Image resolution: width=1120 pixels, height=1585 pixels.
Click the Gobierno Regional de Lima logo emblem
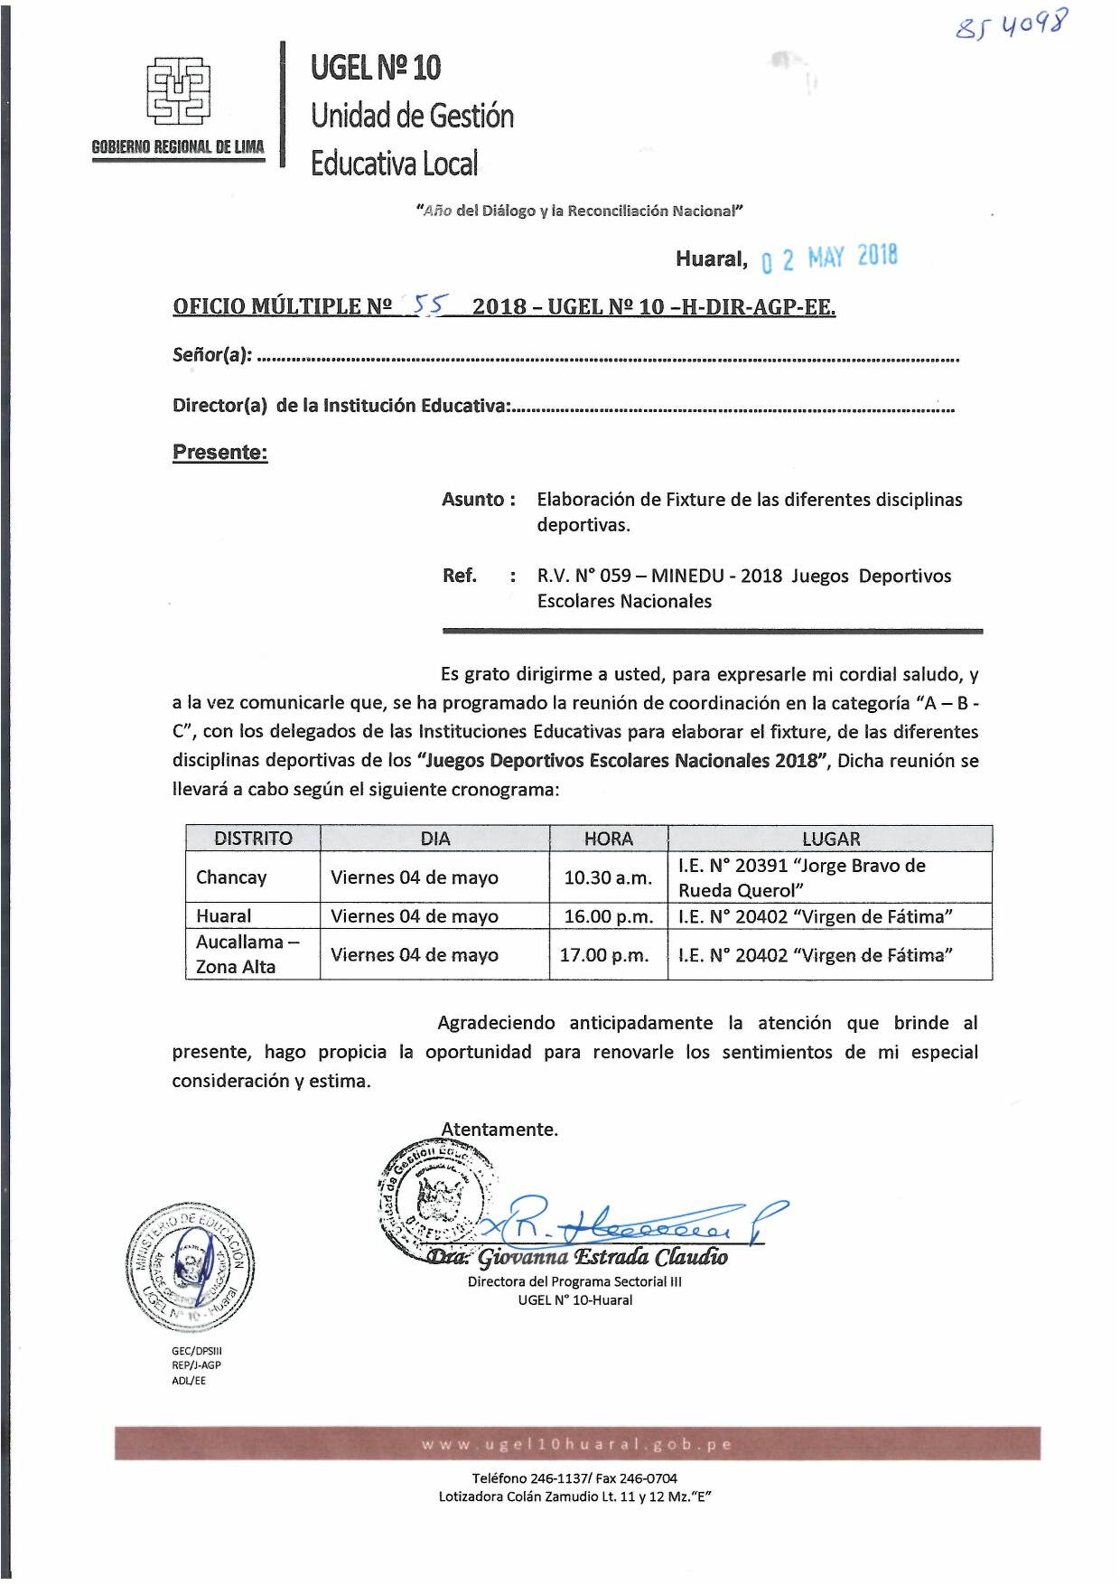pyautogui.click(x=178, y=90)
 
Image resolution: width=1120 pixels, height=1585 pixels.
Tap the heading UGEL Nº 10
pyautogui.click(x=376, y=67)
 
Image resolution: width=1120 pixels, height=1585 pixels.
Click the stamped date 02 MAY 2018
pyautogui.click(x=830, y=258)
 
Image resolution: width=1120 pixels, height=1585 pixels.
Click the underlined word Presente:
pyautogui.click(x=219, y=453)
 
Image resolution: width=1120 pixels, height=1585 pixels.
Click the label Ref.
pyautogui.click(x=459, y=576)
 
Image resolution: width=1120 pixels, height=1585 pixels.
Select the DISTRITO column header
pyautogui.click(x=253, y=839)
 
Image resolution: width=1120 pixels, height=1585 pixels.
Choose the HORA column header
pyautogui.click(x=608, y=839)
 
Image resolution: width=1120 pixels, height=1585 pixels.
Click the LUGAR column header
pyautogui.click(x=830, y=839)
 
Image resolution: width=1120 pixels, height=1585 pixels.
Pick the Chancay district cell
pyautogui.click(x=231, y=877)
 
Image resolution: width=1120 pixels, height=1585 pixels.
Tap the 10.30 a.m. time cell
pyautogui.click(x=608, y=877)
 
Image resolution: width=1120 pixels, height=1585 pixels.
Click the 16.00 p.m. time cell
pyautogui.click(x=608, y=916)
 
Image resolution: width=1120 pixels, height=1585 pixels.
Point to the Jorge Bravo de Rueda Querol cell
pyautogui.click(x=802, y=877)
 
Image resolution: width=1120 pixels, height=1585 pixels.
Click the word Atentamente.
pyautogui.click(x=499, y=1130)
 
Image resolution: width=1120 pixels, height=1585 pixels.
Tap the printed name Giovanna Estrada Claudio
pyautogui.click(x=602, y=1257)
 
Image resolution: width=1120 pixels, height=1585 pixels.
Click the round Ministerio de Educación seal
pyautogui.click(x=190, y=1268)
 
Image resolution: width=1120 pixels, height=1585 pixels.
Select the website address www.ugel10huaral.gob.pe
pyautogui.click(x=576, y=1444)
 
